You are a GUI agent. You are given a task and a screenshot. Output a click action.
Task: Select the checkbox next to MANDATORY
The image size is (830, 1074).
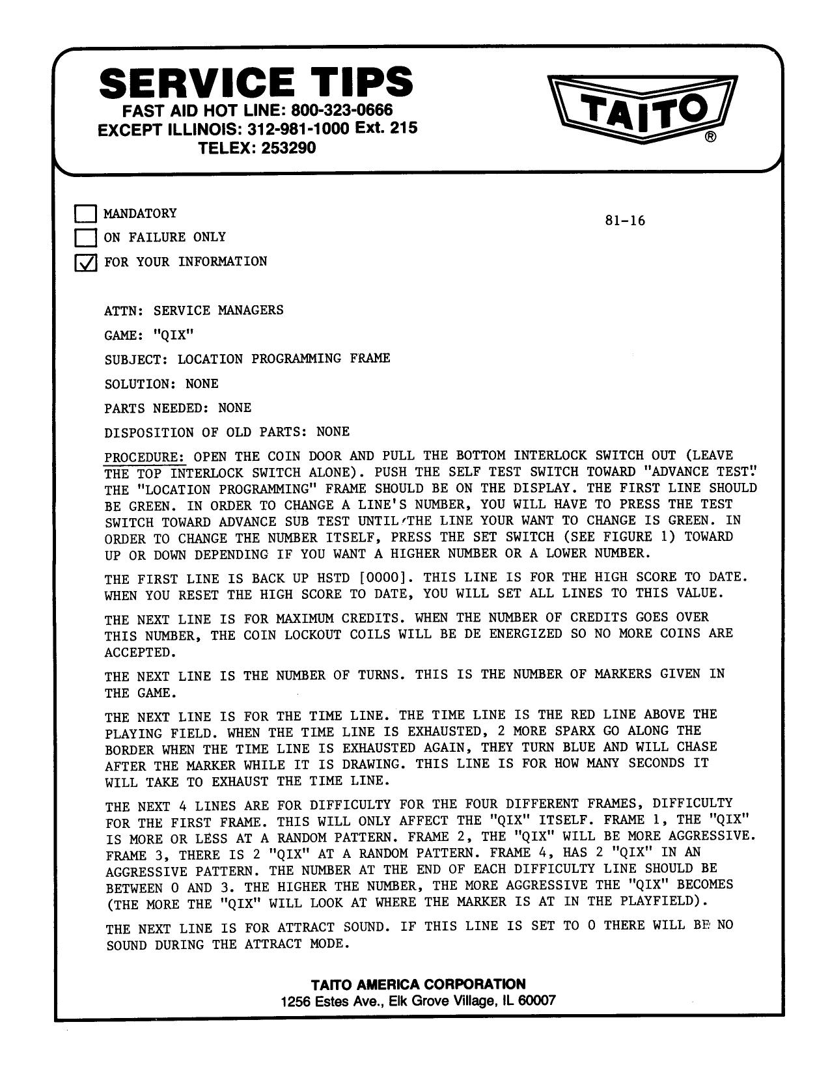[85, 213]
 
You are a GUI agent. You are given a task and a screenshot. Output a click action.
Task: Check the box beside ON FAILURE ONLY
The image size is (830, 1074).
[85, 238]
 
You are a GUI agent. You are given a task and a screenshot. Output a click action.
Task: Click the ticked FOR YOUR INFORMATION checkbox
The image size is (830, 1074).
[85, 262]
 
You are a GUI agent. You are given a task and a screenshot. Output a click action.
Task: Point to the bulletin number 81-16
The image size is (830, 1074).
[624, 221]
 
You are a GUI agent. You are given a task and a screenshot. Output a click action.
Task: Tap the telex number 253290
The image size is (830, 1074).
[288, 148]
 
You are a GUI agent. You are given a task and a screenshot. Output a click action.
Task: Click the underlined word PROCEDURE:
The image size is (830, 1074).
[145, 456]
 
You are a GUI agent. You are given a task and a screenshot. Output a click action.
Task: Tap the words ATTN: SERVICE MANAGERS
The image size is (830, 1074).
[194, 310]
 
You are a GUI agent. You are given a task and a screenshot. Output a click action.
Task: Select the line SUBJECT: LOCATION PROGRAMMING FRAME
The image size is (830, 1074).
[247, 359]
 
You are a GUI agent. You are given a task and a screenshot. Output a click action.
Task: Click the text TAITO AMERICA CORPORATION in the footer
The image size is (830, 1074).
[418, 984]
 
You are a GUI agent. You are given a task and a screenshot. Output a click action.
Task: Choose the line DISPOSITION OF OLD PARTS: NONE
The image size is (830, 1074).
[227, 432]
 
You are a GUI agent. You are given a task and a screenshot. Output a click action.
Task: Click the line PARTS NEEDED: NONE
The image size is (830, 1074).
[178, 408]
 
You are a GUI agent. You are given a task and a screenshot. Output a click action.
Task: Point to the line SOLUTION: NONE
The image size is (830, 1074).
[161, 384]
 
